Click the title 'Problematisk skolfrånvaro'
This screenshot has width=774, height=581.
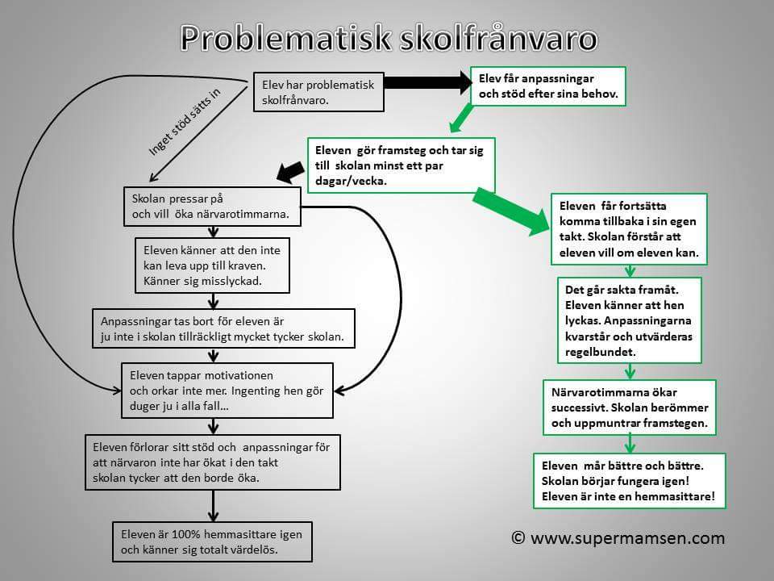tap(389, 38)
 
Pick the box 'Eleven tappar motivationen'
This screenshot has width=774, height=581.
tap(227, 391)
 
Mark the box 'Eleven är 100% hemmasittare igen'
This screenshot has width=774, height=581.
tap(212, 541)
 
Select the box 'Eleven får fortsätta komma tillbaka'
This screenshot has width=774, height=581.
tap(629, 229)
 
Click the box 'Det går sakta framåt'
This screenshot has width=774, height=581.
tap(629, 320)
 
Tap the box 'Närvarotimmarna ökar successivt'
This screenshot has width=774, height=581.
tap(629, 407)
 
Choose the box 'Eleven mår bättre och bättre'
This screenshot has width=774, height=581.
tap(629, 480)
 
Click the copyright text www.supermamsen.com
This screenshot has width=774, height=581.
tap(618, 537)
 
